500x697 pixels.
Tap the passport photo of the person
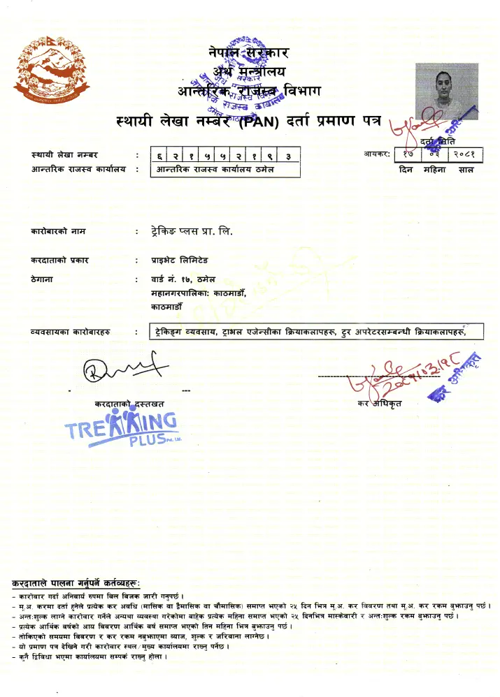point(447,91)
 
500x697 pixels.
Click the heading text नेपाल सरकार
point(249,52)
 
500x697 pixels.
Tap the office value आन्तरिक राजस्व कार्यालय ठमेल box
point(225,169)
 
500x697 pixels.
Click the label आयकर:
point(376,153)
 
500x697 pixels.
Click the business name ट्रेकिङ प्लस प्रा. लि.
point(191,230)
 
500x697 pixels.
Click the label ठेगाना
point(43,279)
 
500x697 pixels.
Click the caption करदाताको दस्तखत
point(130,404)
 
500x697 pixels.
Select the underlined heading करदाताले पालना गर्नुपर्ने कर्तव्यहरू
point(76,582)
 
